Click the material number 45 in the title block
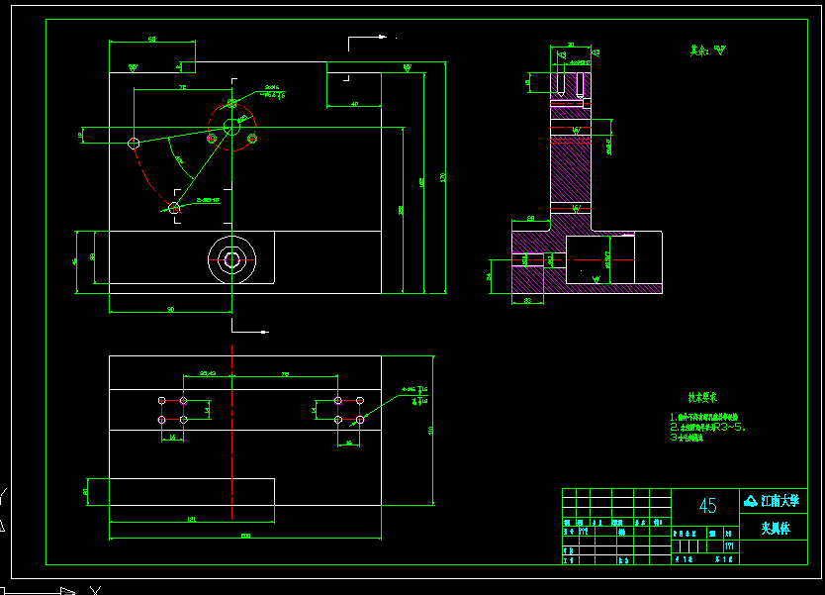point(708,506)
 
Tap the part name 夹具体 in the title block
point(776,529)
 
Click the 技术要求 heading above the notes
point(704,396)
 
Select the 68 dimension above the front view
point(151,39)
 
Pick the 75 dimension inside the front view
point(182,87)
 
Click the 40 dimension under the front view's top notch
point(354,103)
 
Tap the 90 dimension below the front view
point(170,309)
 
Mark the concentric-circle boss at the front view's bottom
point(231,259)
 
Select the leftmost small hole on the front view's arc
point(134,144)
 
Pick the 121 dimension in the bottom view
point(190,518)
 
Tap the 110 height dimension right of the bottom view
point(432,429)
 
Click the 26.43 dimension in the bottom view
point(208,373)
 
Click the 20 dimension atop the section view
point(571,46)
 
